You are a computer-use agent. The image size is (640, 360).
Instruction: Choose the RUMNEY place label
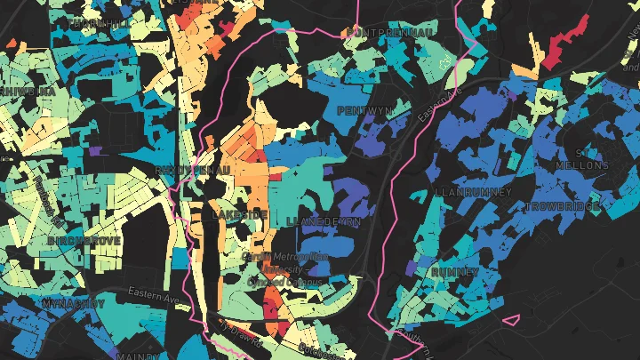tap(455, 270)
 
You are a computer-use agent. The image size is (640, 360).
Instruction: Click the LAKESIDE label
tap(239, 215)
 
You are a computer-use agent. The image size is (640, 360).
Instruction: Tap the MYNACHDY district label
tap(73, 303)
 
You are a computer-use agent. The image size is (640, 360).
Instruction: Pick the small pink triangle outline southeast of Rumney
tap(511, 319)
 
